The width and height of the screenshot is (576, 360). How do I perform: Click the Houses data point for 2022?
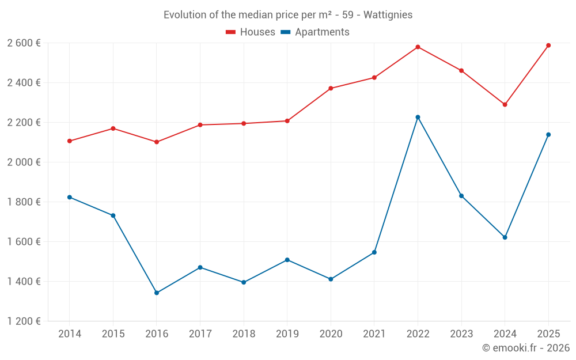click(x=418, y=47)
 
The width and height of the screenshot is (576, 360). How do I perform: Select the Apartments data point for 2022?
click(x=418, y=117)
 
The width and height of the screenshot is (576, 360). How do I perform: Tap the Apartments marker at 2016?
click(x=157, y=293)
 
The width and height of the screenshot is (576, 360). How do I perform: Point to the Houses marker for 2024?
click(x=505, y=104)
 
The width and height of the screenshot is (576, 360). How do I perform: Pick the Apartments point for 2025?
click(x=548, y=135)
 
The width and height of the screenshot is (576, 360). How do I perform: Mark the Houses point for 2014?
click(x=70, y=141)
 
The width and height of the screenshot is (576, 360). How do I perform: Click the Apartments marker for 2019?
click(x=287, y=260)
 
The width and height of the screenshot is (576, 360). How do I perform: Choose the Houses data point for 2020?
click(x=331, y=88)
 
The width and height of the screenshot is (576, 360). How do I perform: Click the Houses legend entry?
click(x=251, y=32)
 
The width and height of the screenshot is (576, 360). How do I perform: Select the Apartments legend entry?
click(x=315, y=32)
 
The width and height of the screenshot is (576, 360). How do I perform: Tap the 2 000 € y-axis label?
click(x=24, y=162)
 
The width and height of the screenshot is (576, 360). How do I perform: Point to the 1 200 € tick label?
click(x=24, y=321)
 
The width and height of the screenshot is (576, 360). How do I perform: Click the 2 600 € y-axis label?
click(x=24, y=43)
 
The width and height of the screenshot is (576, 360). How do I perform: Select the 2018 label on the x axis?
click(x=244, y=334)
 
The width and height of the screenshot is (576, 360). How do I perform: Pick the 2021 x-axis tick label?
click(x=374, y=334)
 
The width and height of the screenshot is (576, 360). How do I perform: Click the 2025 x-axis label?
click(x=548, y=334)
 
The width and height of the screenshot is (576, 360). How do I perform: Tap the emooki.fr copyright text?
click(x=525, y=348)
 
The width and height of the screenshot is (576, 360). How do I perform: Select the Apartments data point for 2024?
click(x=505, y=237)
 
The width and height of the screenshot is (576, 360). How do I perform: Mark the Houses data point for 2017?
click(x=200, y=125)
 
